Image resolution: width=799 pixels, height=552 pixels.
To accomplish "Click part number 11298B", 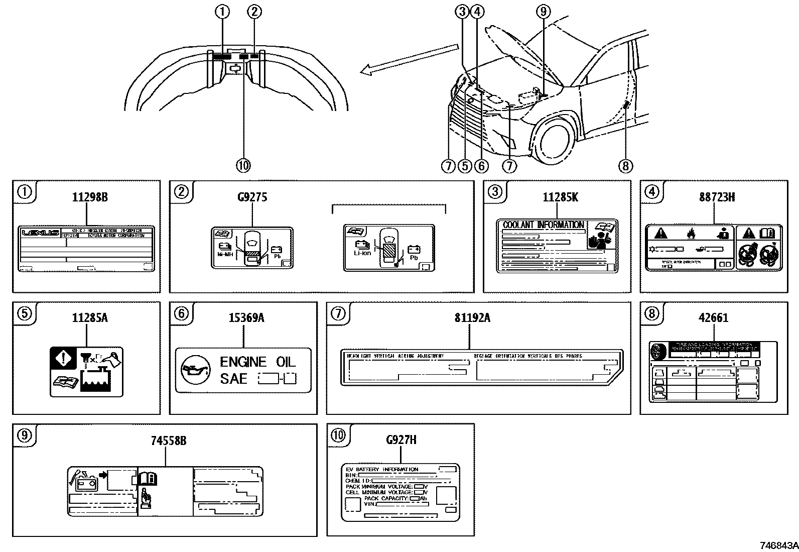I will tap(89, 197).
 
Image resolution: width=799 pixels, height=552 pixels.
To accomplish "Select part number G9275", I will tap(252, 197).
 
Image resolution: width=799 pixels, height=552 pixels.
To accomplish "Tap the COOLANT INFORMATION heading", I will tap(543, 225).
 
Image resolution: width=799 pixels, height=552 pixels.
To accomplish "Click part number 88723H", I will tap(717, 197).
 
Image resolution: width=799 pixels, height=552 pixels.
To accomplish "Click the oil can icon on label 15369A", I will tap(193, 371).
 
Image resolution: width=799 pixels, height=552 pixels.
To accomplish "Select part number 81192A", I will tap(472, 318).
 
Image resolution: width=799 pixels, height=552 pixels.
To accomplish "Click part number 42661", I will tap(713, 318).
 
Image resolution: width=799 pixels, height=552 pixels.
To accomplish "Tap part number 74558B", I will tap(169, 440).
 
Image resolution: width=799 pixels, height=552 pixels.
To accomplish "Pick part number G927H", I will tap(401, 440).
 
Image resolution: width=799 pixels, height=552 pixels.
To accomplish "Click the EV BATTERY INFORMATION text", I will tap(382, 470).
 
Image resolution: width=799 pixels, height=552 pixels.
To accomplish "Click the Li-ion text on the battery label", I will tap(362, 253).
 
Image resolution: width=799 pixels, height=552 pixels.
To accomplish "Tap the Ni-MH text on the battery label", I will tap(224, 255).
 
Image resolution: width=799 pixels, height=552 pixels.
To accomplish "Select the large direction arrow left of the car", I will tap(409, 59).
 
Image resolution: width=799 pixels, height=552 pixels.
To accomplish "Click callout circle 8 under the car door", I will tap(626, 165).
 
